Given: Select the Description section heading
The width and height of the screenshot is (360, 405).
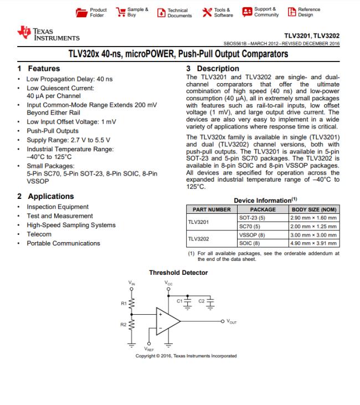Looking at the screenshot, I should pos(213,69).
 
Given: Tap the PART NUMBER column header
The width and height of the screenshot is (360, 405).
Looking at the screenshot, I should pos(212,210).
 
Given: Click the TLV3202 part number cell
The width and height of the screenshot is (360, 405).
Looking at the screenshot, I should pos(198,239).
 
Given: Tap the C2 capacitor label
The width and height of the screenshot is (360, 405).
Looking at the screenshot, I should pos(202,300).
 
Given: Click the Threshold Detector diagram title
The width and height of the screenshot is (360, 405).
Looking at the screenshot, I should pos(178,273).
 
